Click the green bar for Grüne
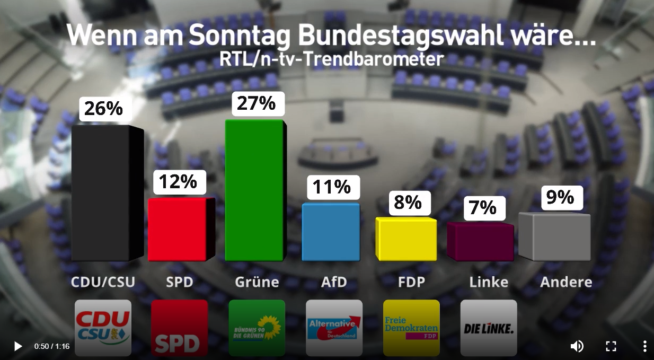tap(254, 191)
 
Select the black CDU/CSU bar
tap(101, 194)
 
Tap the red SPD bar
tap(177, 230)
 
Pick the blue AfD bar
tap(331, 232)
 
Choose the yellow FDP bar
tap(406, 240)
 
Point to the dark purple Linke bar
tap(480, 242)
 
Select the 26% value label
tap(104, 109)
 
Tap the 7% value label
tap(483, 208)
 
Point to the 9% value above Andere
tap(561, 197)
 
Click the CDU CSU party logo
tap(103, 327)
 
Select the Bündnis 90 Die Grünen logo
tap(257, 327)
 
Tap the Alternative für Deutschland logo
tap(334, 327)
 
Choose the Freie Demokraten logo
tap(411, 327)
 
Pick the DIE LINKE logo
tap(489, 327)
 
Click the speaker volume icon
tap(577, 346)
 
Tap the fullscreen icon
tap(611, 346)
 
